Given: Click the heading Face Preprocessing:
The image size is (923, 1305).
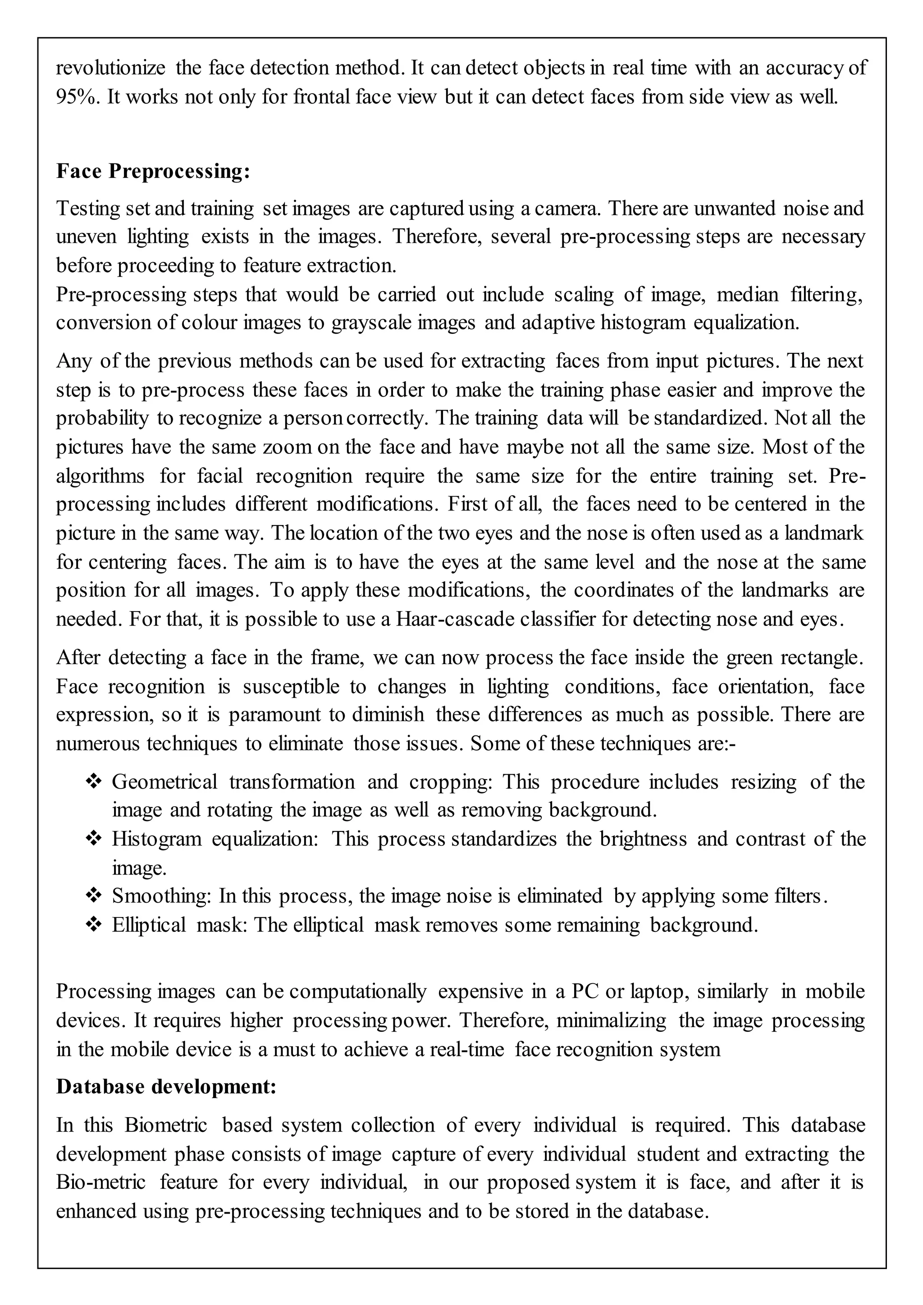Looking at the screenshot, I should coord(153,171).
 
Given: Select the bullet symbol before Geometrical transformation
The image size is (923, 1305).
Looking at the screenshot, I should coord(93,781).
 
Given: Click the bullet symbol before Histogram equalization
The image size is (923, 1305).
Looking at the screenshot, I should coord(93,838).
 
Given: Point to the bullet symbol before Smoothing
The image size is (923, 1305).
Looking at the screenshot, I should coord(93,896).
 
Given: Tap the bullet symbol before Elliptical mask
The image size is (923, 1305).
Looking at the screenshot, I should coord(93,925).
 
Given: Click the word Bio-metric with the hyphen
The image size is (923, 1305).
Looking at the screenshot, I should coord(101,1182).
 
